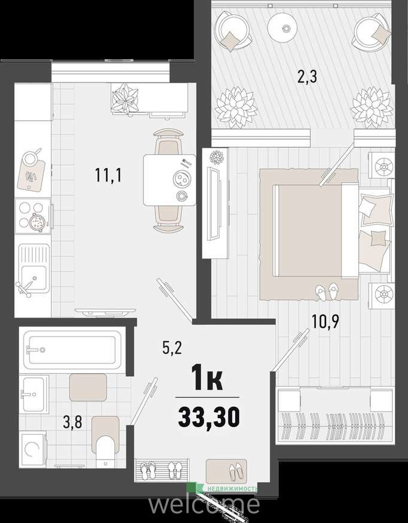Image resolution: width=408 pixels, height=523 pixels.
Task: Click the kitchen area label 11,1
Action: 108,175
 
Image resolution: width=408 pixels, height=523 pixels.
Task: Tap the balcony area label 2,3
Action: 307,77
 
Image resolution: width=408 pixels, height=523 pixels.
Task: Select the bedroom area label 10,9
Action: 325,322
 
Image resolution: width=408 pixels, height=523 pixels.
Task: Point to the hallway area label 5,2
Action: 172,349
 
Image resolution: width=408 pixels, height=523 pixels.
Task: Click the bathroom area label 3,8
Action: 72,422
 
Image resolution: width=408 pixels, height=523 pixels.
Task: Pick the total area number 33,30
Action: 209,417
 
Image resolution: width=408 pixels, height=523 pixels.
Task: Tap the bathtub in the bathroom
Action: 72,349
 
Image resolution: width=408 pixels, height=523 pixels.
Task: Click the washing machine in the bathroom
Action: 33,449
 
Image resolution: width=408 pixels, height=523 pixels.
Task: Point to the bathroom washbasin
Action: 34,394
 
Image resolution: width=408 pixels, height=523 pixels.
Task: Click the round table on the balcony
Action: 282,28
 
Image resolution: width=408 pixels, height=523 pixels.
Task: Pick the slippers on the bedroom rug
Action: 327,292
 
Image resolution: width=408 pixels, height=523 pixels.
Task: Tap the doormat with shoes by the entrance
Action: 227,471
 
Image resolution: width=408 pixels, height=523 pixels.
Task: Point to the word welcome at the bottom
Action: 204,504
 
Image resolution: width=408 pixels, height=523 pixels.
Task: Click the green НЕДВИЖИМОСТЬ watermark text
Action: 233,489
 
